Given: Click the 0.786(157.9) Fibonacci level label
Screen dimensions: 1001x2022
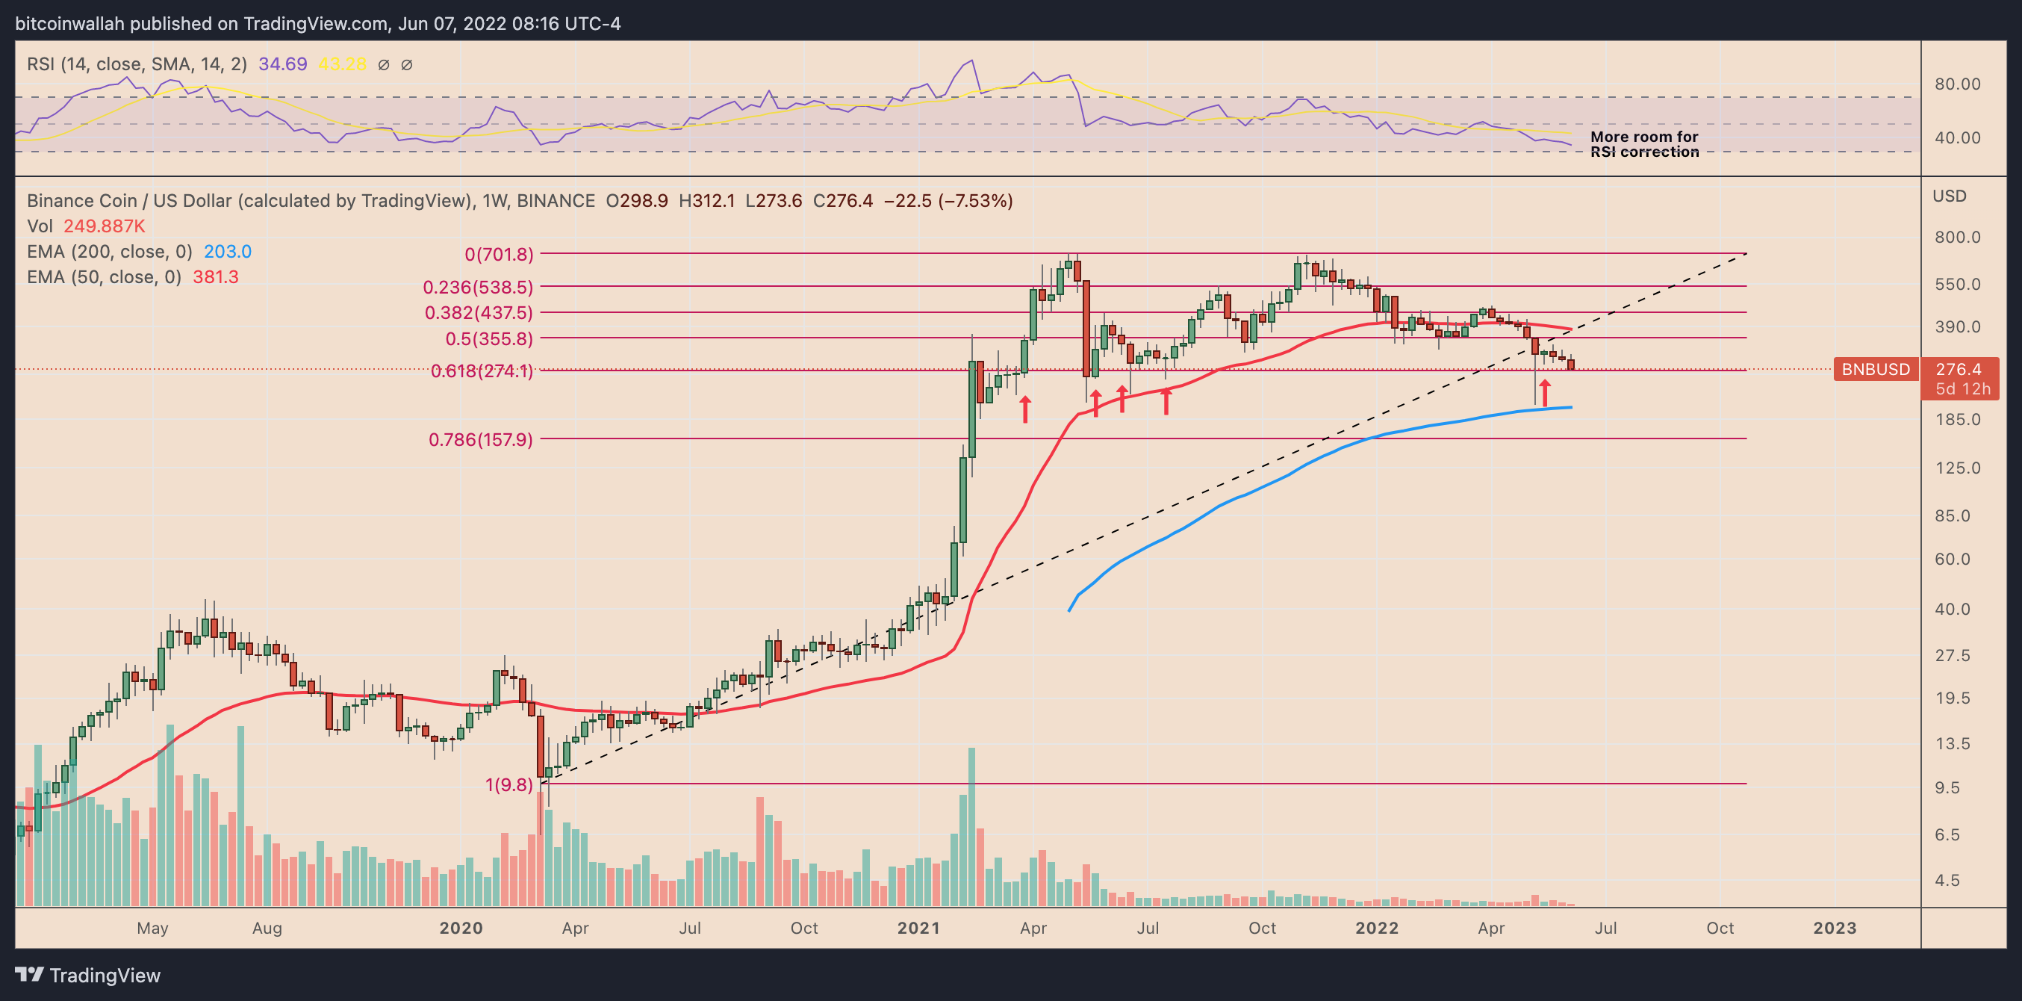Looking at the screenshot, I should (480, 440).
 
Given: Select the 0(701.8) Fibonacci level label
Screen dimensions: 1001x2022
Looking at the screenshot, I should (499, 255).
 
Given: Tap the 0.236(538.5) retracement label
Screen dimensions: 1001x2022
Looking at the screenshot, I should (478, 288).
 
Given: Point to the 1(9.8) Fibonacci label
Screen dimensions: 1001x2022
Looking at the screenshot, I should (508, 784).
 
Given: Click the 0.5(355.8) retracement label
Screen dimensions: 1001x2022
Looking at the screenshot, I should (489, 339).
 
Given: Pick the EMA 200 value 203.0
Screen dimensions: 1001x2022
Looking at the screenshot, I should (228, 251).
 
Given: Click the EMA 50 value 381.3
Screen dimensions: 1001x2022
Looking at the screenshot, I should (215, 277).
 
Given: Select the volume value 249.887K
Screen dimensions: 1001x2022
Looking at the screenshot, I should (105, 226).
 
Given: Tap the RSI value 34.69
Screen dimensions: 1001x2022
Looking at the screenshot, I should (282, 64).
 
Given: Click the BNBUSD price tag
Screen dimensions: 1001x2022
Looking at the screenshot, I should (1875, 369).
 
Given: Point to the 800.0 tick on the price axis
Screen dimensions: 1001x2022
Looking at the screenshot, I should (1957, 237).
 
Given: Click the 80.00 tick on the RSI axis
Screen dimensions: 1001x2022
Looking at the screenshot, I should (1957, 84).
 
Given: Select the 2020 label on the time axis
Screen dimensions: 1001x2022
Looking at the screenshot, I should (461, 928).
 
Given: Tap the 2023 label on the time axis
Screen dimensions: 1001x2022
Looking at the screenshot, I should (1835, 928).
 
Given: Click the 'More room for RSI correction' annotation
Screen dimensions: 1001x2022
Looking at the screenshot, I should (1643, 144).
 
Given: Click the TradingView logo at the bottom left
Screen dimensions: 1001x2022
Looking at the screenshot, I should (87, 975).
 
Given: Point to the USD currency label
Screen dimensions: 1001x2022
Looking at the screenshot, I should (1949, 196).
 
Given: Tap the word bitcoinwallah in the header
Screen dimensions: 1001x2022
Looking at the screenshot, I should (69, 24).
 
